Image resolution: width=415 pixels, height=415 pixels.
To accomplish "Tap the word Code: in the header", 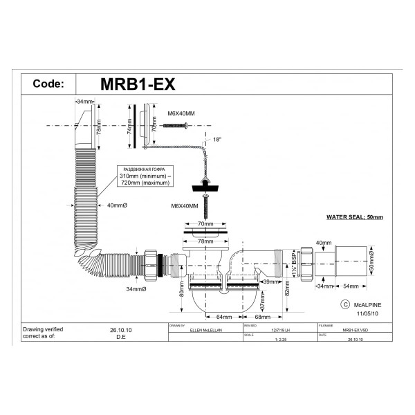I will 50,84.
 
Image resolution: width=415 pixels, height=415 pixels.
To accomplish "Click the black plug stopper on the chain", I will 207,184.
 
